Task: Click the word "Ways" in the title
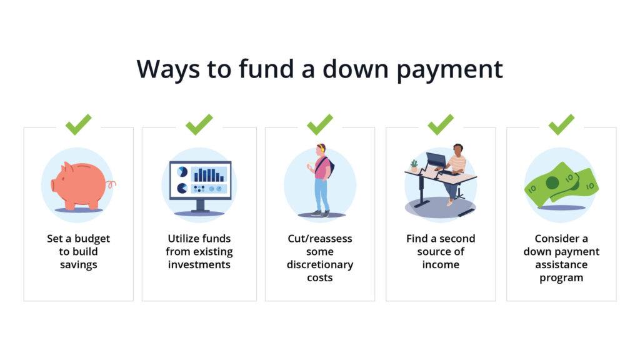tap(168, 69)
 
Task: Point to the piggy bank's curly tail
tap(111, 184)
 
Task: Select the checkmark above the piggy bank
tap(78, 124)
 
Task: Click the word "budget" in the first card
tap(92, 239)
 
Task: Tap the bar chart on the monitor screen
tap(209, 174)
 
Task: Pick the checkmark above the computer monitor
tap(199, 124)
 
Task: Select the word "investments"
tap(199, 264)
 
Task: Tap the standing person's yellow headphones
tap(322, 147)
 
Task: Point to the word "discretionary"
tap(320, 265)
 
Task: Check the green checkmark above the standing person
tap(320, 124)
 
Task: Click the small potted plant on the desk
tap(414, 165)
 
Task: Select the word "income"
tap(441, 264)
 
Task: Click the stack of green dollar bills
tap(562, 183)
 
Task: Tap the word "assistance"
tap(562, 264)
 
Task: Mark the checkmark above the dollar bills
tap(562, 124)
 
